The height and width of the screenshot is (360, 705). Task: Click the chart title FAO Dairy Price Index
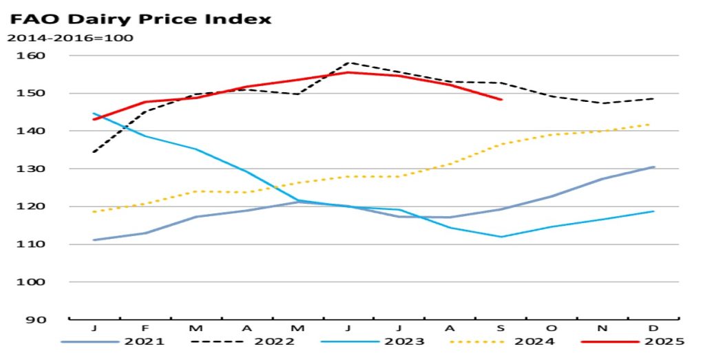click(140, 18)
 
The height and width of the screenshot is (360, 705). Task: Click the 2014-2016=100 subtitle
click(70, 37)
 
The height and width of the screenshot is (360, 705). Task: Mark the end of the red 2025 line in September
click(501, 100)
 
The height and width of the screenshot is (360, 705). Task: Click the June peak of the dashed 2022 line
click(348, 63)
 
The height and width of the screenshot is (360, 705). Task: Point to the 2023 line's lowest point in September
click(501, 237)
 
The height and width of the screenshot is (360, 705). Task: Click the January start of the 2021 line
click(94, 240)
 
